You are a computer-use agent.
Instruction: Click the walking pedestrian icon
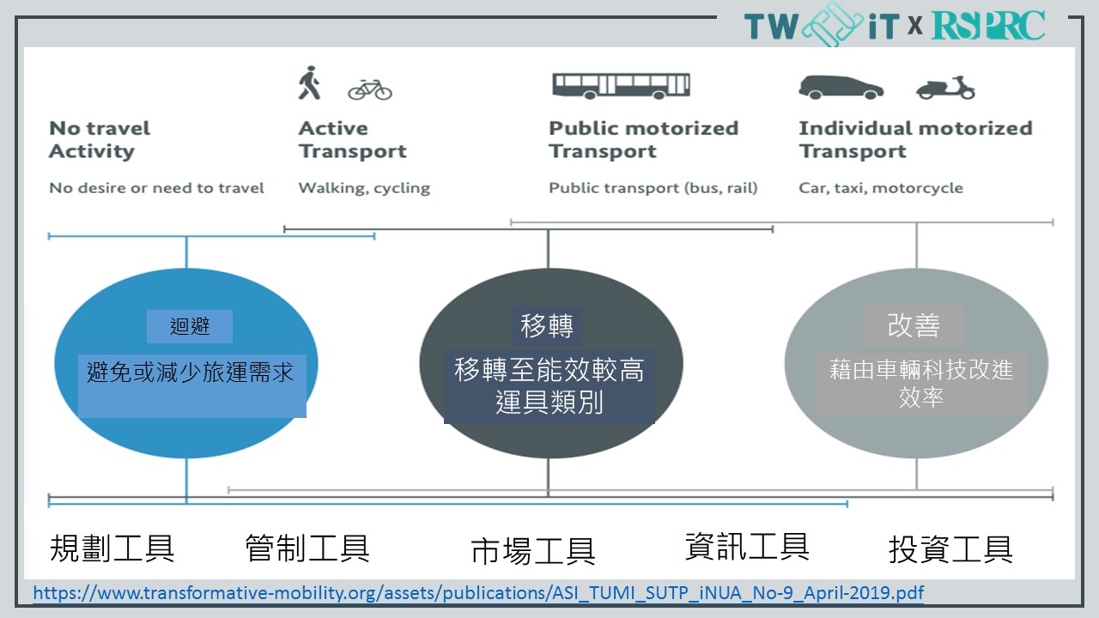pyautogui.click(x=310, y=82)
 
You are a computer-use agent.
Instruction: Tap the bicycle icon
pyautogui.click(x=370, y=90)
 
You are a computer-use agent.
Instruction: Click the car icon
pyautogui.click(x=841, y=88)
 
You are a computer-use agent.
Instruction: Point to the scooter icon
pyautogui.click(x=945, y=88)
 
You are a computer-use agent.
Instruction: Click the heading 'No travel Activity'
pyautogui.click(x=100, y=140)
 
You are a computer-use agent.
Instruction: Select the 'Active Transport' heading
pyautogui.click(x=353, y=140)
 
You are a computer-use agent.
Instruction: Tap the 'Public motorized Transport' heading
pyautogui.click(x=644, y=140)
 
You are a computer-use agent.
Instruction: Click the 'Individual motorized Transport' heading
pyautogui.click(x=915, y=140)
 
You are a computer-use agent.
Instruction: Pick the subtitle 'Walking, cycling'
pyautogui.click(x=364, y=188)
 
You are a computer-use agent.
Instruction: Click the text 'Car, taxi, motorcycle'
pyautogui.click(x=881, y=188)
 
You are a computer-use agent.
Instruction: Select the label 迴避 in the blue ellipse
pyautogui.click(x=190, y=326)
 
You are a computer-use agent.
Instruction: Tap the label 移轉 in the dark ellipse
pyautogui.click(x=547, y=325)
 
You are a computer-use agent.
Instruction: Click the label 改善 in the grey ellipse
pyautogui.click(x=914, y=325)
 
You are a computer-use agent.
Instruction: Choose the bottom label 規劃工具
pyautogui.click(x=112, y=548)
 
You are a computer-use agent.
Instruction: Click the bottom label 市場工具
pyautogui.click(x=533, y=551)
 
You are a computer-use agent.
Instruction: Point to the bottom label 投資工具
pyautogui.click(x=950, y=548)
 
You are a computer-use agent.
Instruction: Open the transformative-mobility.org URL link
pyautogui.click(x=478, y=593)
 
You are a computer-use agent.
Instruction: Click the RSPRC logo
pyautogui.click(x=988, y=26)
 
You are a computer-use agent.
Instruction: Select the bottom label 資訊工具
pyautogui.click(x=747, y=546)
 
